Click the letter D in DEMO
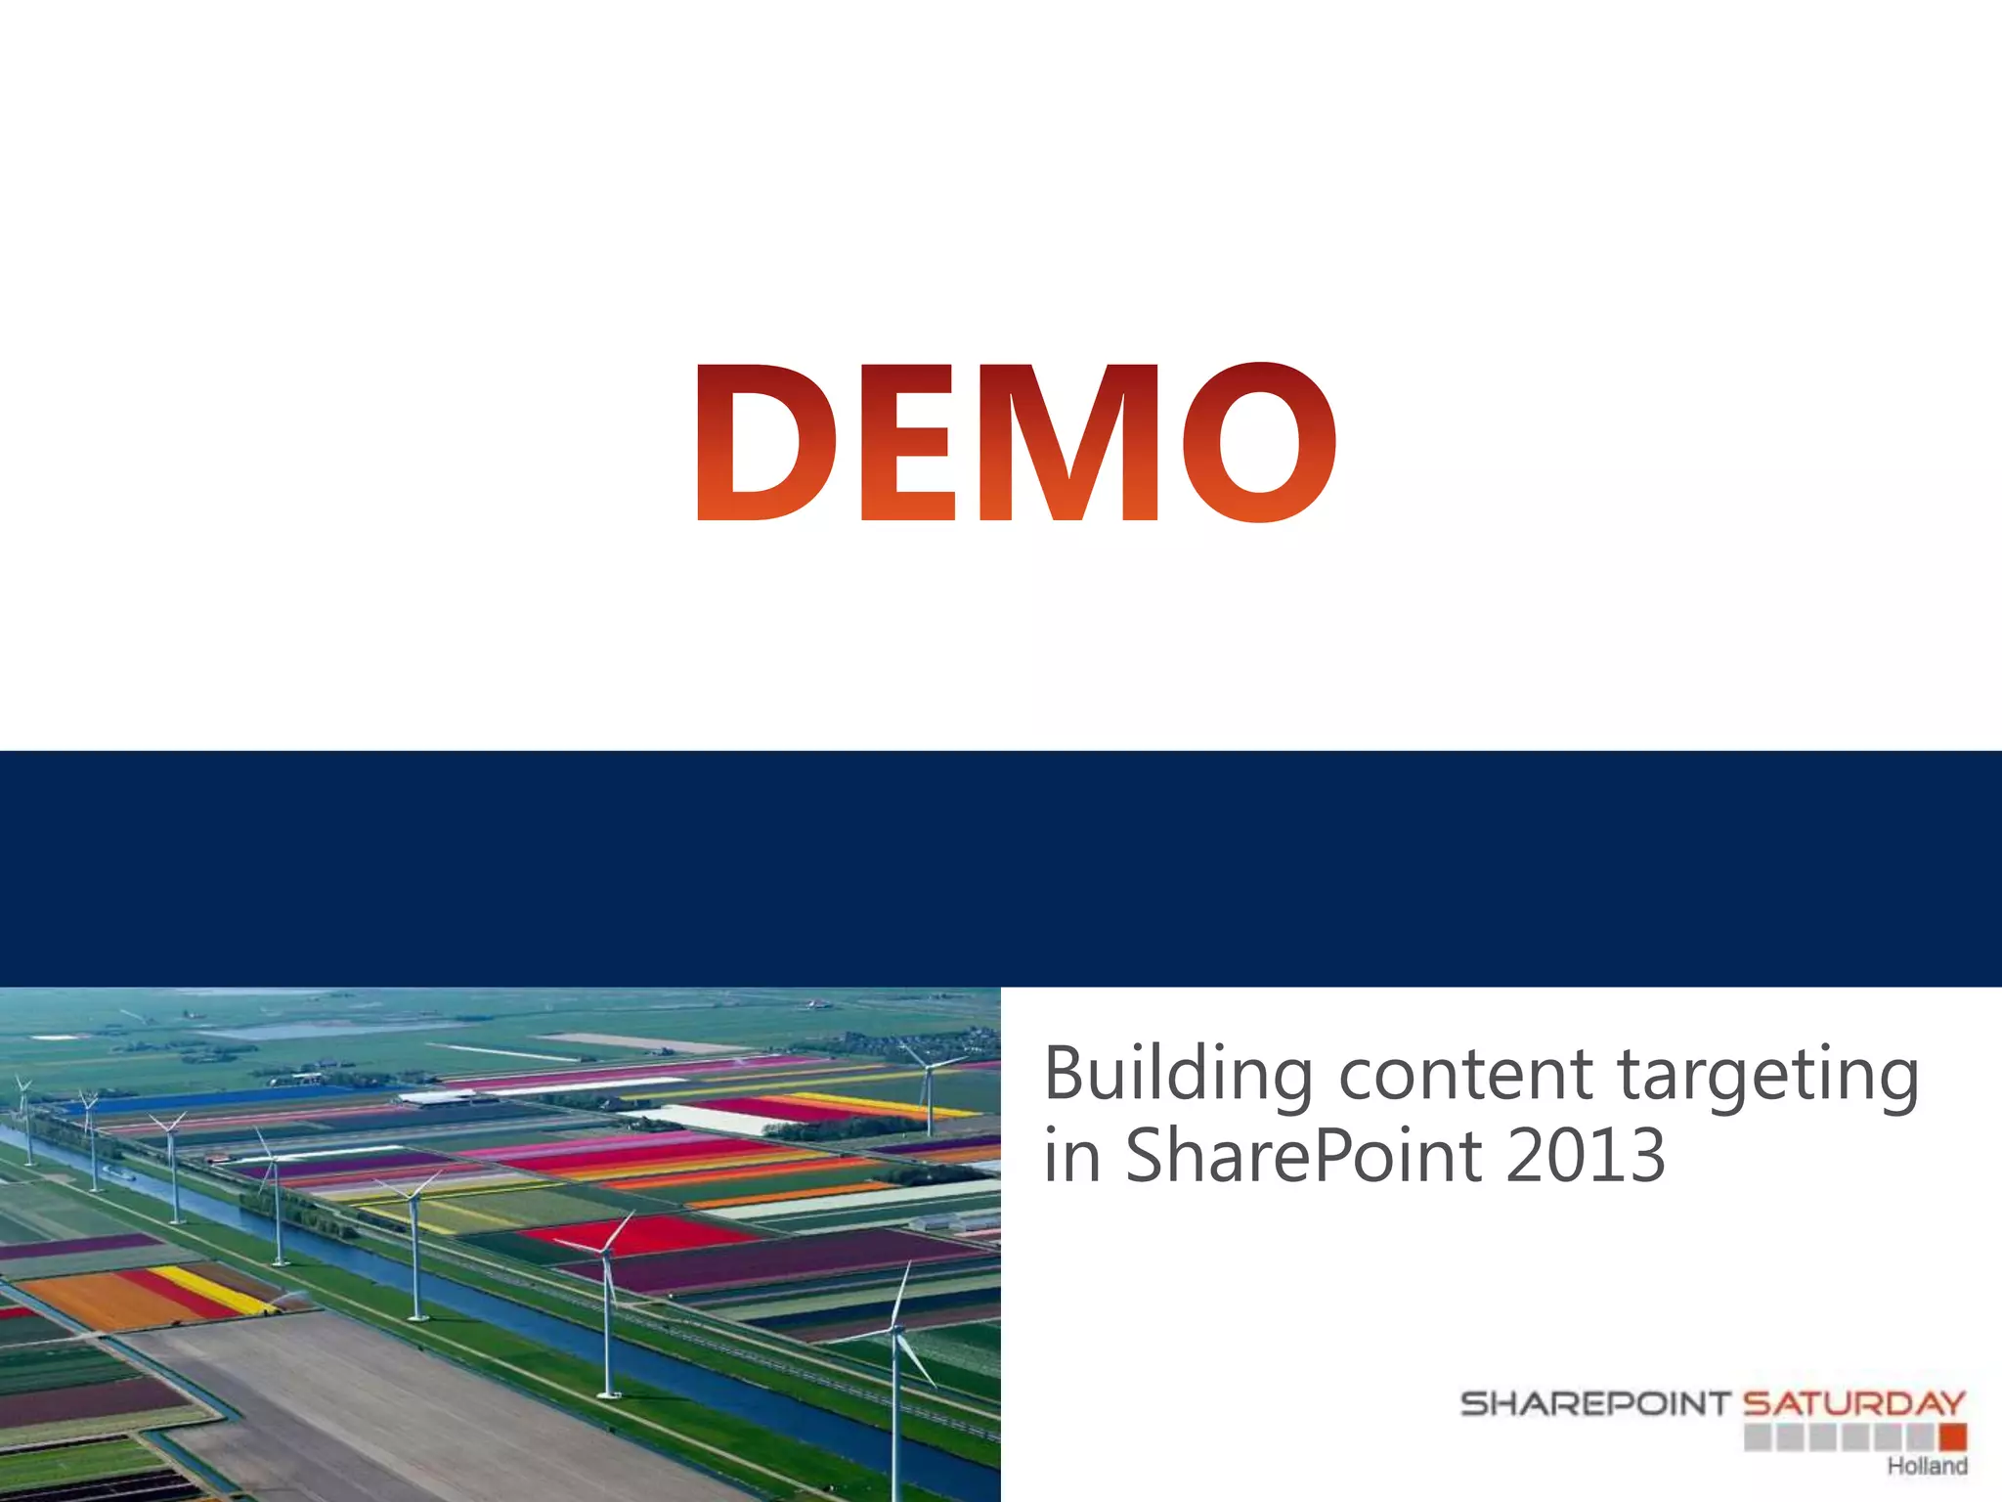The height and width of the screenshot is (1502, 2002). (x=765, y=442)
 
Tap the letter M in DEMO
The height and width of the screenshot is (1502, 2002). (x=1069, y=442)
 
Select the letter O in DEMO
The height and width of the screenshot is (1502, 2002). (x=1259, y=442)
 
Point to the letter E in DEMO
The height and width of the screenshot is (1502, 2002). (x=907, y=442)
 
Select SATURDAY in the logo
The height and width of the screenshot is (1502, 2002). (x=1853, y=1404)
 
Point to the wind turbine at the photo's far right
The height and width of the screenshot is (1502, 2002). (x=930, y=1095)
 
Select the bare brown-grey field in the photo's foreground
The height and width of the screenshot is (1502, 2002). (x=411, y=1408)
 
